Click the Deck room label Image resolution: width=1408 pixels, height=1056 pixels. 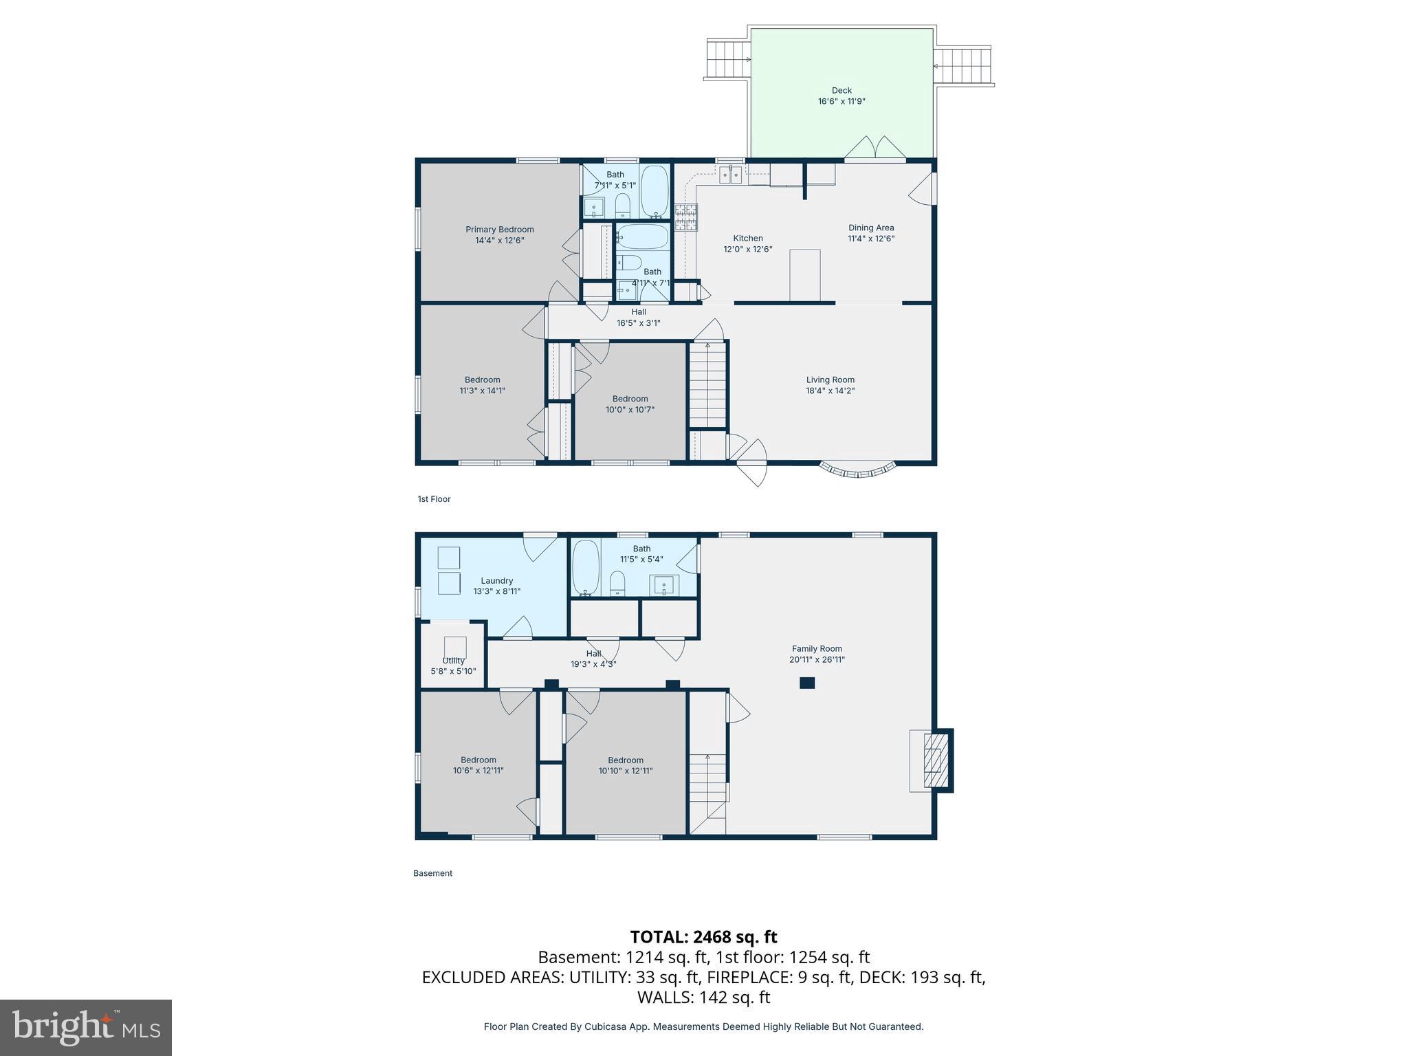coord(841,90)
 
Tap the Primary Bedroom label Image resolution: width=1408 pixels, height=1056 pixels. coord(499,230)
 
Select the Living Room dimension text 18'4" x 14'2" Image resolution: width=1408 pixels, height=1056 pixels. coord(830,390)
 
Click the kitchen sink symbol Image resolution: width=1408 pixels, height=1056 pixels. coord(731,175)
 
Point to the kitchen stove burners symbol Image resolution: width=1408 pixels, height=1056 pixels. coord(685,217)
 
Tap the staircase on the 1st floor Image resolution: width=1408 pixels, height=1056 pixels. coord(707,385)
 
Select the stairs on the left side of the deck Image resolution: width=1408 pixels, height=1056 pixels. coord(728,60)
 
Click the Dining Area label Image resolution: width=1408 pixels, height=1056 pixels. coord(870,228)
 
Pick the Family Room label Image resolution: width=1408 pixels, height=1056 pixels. coord(816,648)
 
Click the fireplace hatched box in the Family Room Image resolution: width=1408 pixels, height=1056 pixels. coord(935,760)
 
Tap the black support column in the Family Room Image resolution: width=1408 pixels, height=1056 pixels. coord(807,683)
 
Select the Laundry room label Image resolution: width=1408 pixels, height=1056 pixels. coord(496,581)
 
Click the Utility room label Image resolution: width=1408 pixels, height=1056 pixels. coord(453,661)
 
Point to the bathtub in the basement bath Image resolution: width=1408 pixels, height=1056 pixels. coord(586,568)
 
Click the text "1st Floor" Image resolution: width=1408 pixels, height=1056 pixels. coord(434,499)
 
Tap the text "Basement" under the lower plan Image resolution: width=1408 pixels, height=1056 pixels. coord(432,873)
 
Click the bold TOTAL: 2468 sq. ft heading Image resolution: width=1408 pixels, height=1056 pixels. coord(703,937)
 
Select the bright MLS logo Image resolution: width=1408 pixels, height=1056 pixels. coord(86,1028)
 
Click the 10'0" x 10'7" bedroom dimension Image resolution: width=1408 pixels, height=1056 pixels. coord(629,410)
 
